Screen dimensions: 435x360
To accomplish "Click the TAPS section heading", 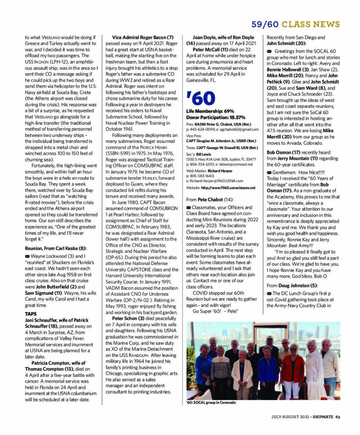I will point(31,314).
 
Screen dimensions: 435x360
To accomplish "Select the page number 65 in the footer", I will point(337,417).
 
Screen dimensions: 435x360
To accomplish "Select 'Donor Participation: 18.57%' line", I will point(215,117).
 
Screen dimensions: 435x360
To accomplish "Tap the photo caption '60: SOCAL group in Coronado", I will point(211,402).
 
